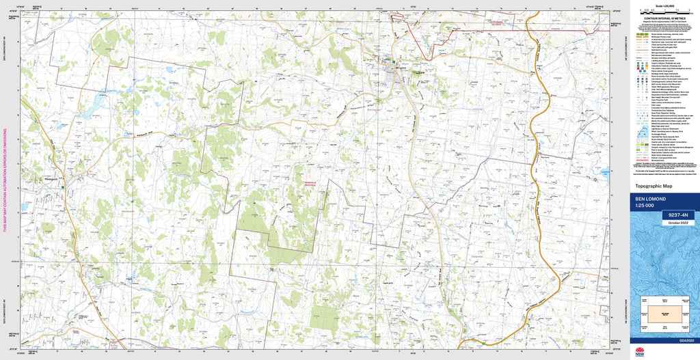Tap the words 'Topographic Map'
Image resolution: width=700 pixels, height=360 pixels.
(654, 186)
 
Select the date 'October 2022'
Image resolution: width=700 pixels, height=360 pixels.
(679, 221)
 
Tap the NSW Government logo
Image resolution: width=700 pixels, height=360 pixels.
(639, 352)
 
